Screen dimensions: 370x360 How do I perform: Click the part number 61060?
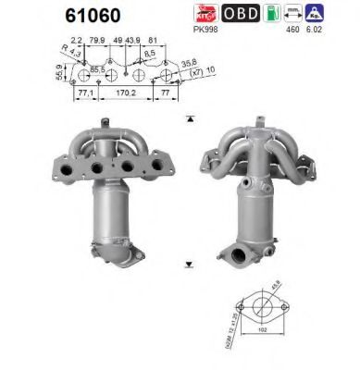(91, 16)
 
